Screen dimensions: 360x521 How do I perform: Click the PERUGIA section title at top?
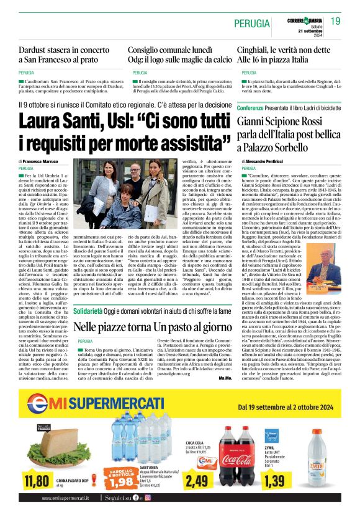pyautogui.click(x=251, y=24)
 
